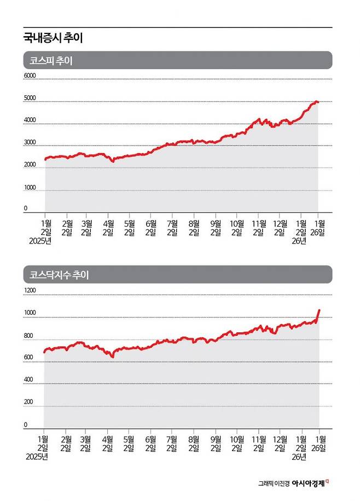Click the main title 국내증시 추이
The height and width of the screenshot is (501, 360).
(53, 38)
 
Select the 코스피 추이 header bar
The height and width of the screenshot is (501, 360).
(177, 60)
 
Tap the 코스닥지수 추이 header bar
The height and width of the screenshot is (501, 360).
(177, 274)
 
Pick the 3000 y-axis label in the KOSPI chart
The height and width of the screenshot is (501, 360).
(29, 142)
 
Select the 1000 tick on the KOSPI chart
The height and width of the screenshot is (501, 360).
(29, 188)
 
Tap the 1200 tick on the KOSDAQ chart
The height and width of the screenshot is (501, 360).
(29, 290)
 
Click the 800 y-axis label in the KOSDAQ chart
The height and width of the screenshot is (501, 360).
(28, 336)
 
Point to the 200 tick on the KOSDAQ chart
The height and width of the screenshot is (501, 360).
(28, 402)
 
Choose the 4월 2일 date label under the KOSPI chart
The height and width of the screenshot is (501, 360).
(108, 227)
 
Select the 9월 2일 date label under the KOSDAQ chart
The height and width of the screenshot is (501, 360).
(216, 443)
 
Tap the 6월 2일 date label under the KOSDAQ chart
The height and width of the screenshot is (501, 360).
(151, 443)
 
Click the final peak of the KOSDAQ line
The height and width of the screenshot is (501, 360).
(320, 310)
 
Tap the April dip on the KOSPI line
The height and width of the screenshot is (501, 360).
(113, 161)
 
